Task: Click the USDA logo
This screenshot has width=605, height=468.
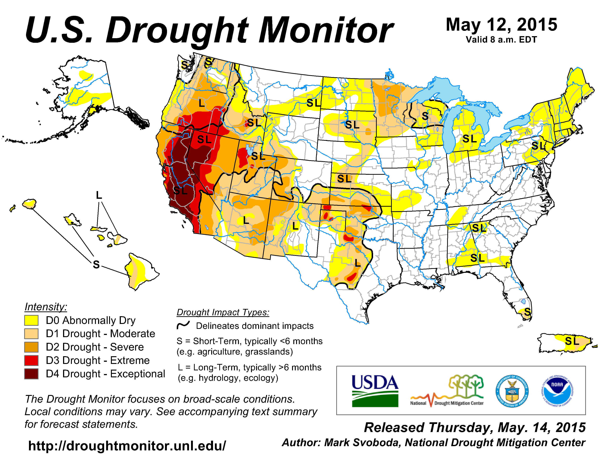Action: tap(375, 391)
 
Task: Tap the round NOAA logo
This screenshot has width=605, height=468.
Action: tap(557, 391)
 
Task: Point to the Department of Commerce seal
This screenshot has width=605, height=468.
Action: tap(512, 391)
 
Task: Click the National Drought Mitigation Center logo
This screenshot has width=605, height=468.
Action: tap(447, 391)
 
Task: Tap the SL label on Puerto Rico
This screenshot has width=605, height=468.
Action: tap(572, 341)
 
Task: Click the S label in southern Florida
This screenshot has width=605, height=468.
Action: tap(527, 312)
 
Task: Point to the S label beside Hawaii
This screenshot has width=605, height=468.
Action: tap(96, 264)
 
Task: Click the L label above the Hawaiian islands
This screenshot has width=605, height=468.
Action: tap(99, 195)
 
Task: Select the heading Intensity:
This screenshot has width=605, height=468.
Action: tap(46, 307)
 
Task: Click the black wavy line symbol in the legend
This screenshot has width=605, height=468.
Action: tap(183, 325)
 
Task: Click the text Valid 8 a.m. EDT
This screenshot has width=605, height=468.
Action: tap(501, 40)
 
